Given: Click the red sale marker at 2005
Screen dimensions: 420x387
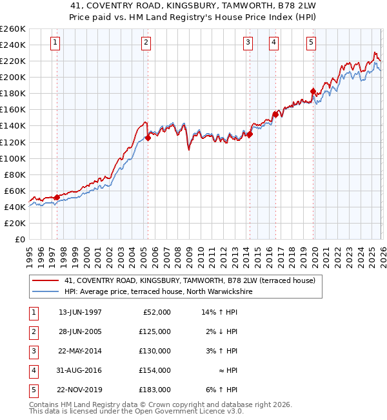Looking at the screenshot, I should click(148, 138).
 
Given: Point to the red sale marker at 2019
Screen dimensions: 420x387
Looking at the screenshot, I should click(313, 91).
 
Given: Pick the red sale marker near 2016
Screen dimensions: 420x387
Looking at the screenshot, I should click(275, 114).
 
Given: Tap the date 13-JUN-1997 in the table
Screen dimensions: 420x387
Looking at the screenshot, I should click(80, 312).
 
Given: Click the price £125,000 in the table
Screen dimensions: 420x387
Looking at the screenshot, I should click(155, 331).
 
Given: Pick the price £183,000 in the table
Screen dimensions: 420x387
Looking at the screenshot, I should click(155, 390).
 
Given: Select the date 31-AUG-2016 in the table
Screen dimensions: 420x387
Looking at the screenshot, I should click(80, 370).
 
